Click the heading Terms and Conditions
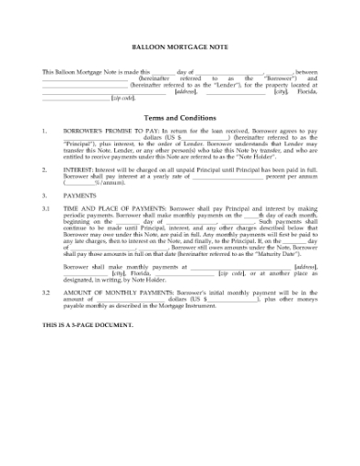180,118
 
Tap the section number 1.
45,132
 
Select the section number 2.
45,170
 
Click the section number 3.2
47,291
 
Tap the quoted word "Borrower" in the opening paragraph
281,79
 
